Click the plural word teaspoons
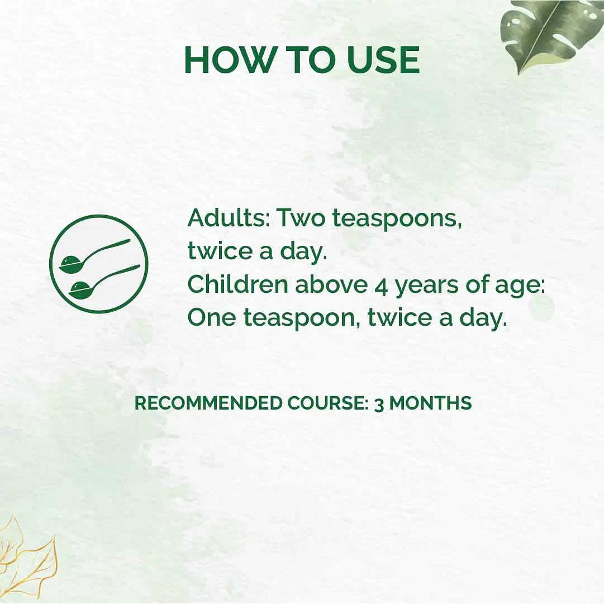(397, 220)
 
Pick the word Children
(237, 284)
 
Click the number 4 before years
(381, 287)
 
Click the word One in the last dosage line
(211, 317)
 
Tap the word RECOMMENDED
(208, 403)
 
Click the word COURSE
(328, 403)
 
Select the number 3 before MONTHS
(379, 404)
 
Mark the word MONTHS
(430, 403)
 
